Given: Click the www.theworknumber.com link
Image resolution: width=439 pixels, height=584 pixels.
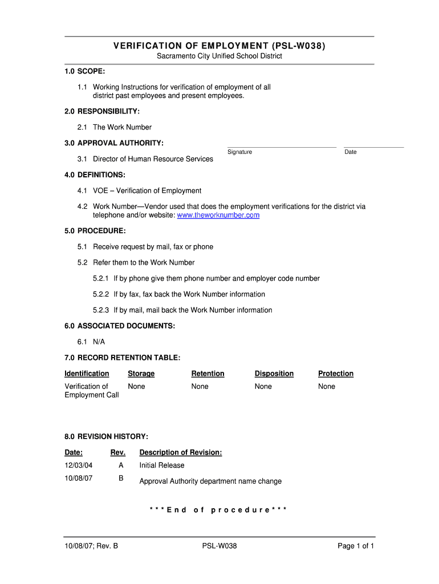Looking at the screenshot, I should (x=218, y=215).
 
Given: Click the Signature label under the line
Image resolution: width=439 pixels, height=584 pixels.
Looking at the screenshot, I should (x=239, y=152).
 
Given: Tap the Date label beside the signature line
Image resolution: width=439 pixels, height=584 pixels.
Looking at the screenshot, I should (x=351, y=152).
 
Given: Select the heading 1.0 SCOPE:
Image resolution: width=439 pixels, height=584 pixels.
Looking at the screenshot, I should (x=84, y=71).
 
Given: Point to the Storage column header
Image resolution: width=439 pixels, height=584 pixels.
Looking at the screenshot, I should (x=141, y=374).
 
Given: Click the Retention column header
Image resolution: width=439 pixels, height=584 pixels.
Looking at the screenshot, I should (x=208, y=374).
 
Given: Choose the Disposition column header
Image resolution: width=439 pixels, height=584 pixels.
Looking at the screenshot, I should (x=274, y=374).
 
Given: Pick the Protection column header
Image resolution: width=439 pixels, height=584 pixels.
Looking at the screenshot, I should (x=336, y=374).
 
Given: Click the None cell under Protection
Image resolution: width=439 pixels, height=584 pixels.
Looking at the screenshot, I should (x=327, y=386).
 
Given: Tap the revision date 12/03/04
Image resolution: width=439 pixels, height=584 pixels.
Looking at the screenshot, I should (x=78, y=465).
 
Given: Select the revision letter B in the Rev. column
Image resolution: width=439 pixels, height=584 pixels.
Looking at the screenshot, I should (x=121, y=478).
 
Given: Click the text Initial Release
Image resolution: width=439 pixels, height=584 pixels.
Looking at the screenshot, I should (x=162, y=465).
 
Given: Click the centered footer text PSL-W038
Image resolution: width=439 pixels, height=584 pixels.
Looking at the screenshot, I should (x=219, y=546).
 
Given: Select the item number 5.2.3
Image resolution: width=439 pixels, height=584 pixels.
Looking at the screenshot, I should (x=100, y=310).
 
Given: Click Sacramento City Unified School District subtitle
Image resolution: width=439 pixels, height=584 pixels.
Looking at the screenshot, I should (x=219, y=56).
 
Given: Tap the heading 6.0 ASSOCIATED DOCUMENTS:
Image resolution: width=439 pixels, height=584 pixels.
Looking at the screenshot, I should (x=120, y=326).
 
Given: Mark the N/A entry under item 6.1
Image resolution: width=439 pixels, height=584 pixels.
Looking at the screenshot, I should (x=99, y=342).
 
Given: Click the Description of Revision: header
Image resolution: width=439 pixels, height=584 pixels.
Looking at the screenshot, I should (x=181, y=452).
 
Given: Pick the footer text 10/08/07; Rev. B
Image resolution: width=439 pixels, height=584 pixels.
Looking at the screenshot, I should (x=91, y=546).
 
